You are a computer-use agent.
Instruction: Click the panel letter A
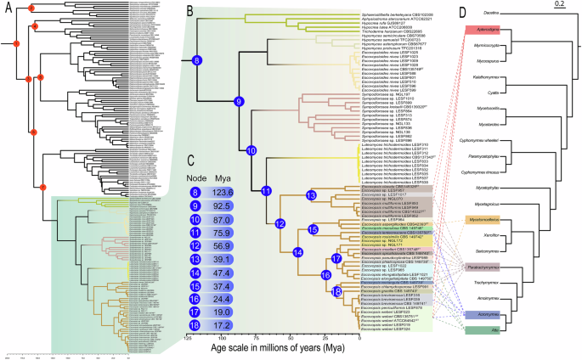7,7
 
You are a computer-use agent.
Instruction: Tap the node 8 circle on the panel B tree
196,60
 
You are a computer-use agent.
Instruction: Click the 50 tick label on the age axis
291,338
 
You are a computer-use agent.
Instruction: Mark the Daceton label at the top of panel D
492,12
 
